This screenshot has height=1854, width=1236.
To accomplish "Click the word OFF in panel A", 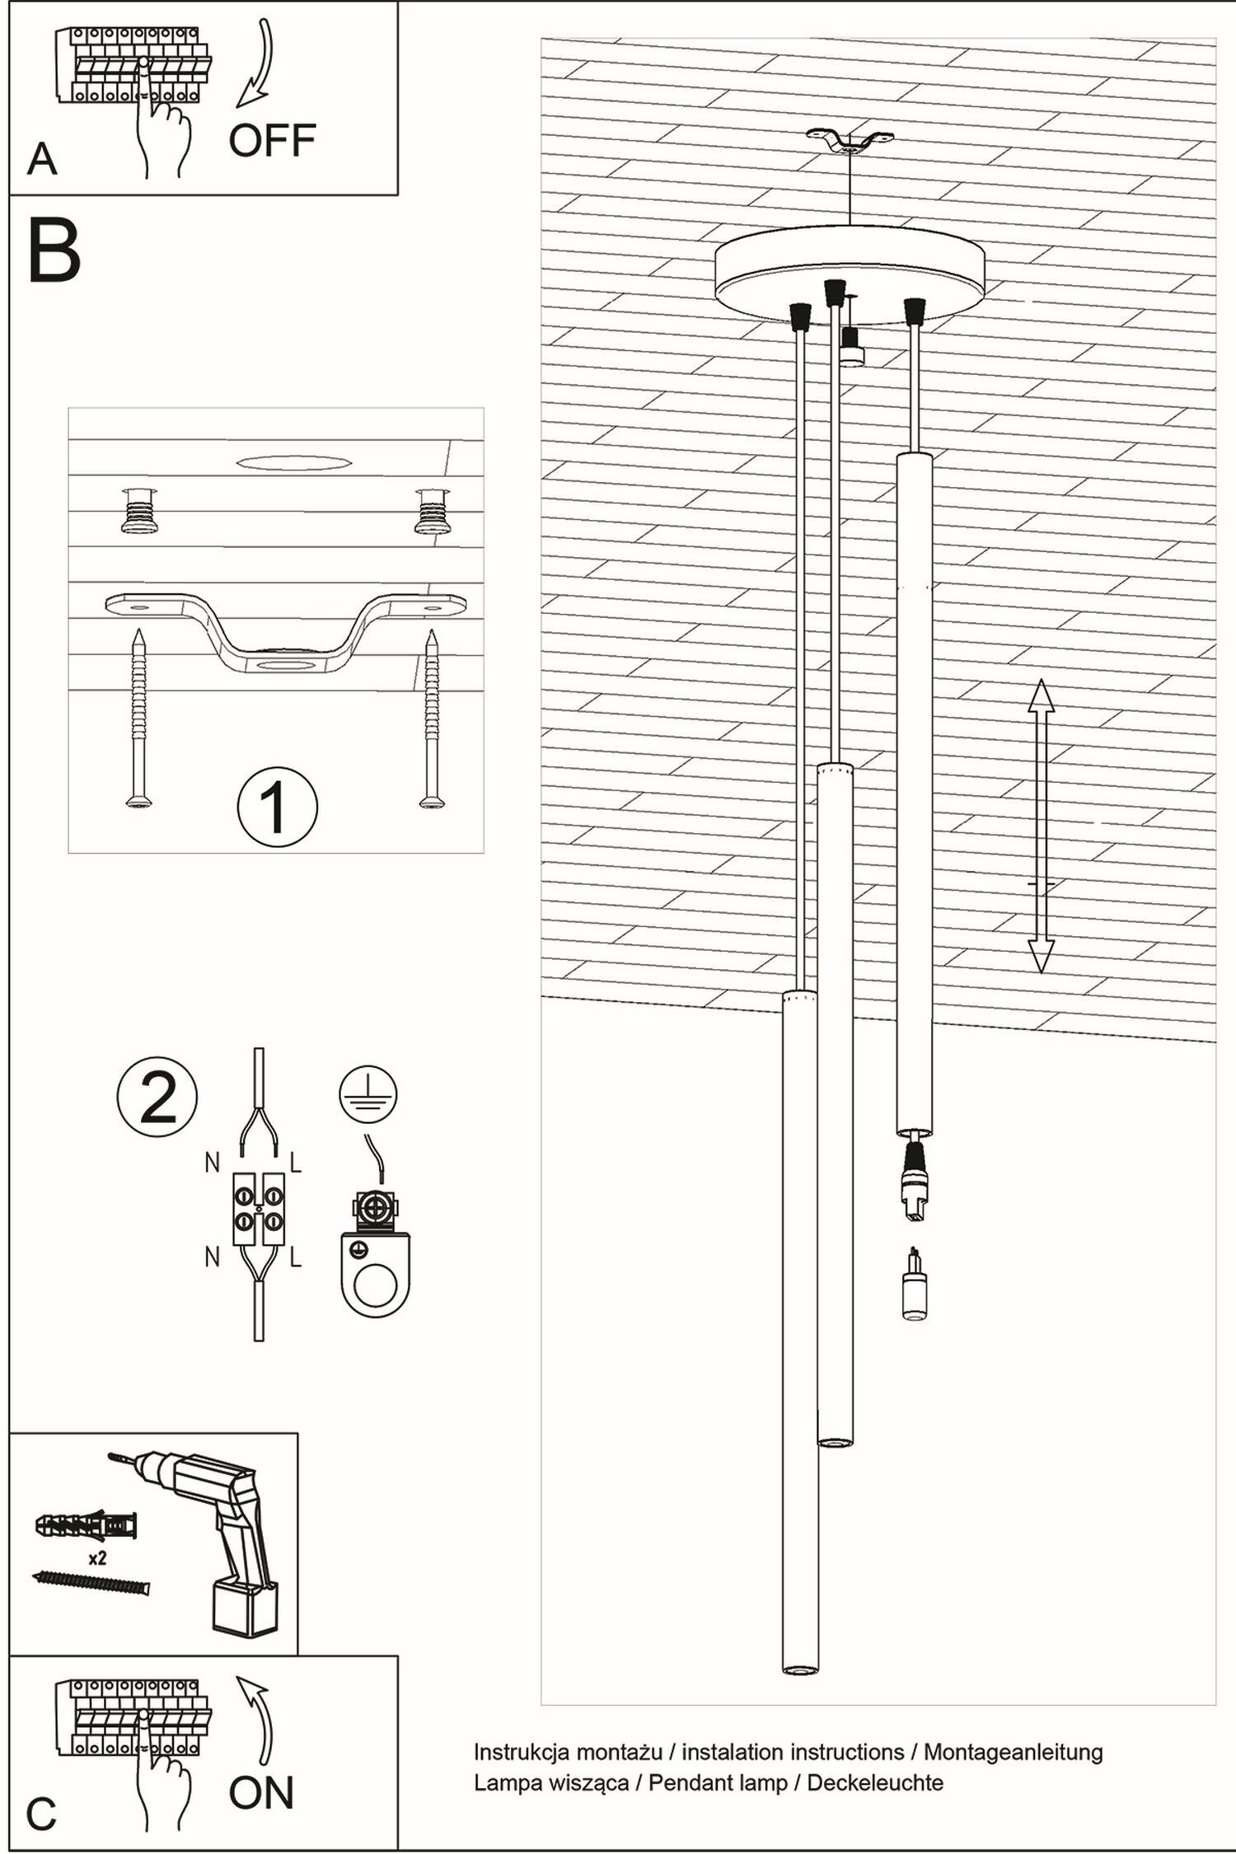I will click(272, 141).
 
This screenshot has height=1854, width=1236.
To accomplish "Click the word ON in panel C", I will click(261, 1793).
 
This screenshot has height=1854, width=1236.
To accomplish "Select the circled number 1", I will click(277, 808).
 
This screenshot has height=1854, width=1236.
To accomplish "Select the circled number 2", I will click(157, 1097).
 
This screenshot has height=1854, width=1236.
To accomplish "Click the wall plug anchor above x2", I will click(87, 1524).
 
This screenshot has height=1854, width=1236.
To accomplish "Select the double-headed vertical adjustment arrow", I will click(1041, 826).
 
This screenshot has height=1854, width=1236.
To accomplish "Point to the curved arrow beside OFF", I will click(257, 66).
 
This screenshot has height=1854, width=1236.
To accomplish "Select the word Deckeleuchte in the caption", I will click(874, 1782).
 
